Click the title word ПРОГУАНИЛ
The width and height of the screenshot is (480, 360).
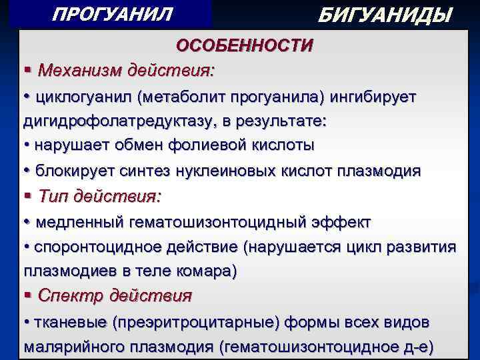[x=112, y=13]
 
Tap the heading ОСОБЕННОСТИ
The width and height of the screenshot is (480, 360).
[x=244, y=45]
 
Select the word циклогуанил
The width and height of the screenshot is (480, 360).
[x=84, y=97]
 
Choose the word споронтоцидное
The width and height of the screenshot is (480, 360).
[x=91, y=247]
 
